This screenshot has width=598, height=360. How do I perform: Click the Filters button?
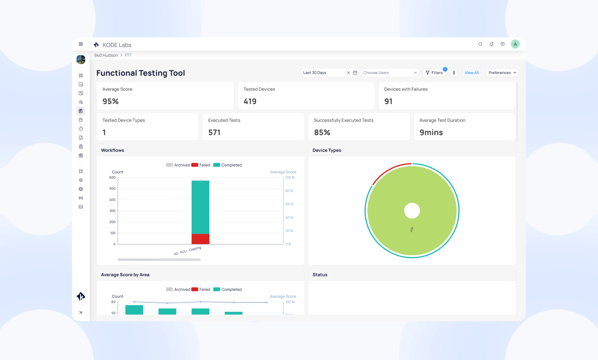(x=434, y=73)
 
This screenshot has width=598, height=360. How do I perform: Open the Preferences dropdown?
(x=502, y=73)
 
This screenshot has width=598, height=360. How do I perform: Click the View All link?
(x=471, y=73)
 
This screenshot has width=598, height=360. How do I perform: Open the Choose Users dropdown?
(x=390, y=73)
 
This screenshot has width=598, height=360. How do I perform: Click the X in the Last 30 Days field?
(x=348, y=73)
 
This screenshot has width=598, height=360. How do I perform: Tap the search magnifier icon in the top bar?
(x=480, y=44)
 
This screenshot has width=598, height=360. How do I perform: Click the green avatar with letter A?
(x=515, y=44)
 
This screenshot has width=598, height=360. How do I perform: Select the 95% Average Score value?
(x=110, y=101)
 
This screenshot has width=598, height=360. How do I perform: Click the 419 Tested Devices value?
(x=250, y=101)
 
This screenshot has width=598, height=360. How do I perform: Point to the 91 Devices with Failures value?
(x=388, y=101)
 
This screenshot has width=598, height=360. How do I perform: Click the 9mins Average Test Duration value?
(x=431, y=133)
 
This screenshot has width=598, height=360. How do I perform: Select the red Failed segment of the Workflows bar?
(x=200, y=239)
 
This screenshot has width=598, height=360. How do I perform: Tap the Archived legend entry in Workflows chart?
(x=178, y=165)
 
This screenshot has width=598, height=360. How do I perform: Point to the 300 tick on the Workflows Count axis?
(x=112, y=211)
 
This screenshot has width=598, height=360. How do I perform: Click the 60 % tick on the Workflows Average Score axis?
(x=289, y=204)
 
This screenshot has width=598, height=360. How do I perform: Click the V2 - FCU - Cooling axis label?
(x=187, y=251)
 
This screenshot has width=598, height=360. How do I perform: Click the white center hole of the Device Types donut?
(x=412, y=211)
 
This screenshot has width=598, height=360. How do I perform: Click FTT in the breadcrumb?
(x=128, y=55)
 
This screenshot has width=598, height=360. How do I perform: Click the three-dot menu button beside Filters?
(x=454, y=73)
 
